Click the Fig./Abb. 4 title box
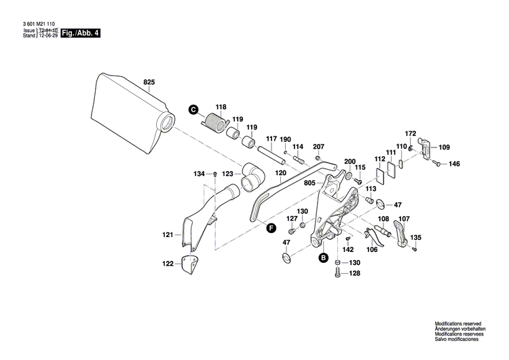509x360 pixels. pyautogui.click(x=80, y=33)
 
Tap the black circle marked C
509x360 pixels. pyautogui.click(x=192, y=109)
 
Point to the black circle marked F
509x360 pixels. pyautogui.click(x=271, y=228)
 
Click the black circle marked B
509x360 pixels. pyautogui.click(x=324, y=258)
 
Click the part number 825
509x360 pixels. pyautogui.click(x=149, y=82)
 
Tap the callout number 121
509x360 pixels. pyautogui.click(x=168, y=234)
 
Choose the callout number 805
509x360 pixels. pyautogui.click(x=309, y=182)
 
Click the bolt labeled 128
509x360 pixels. pyautogui.click(x=337, y=274)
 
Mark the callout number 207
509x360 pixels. pyautogui.click(x=318, y=147)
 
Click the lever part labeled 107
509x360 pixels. pyautogui.click(x=401, y=233)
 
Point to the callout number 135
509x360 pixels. pyautogui.click(x=416, y=237)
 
